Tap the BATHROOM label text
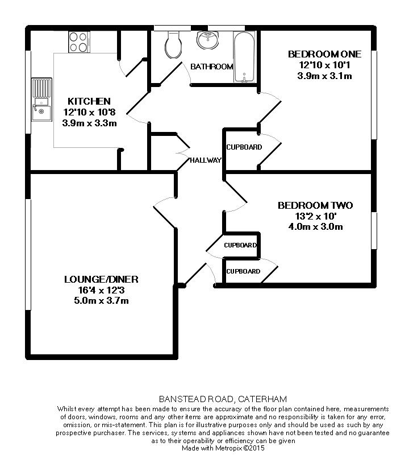click(211, 67)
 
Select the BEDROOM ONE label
click(324, 55)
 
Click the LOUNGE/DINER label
click(101, 279)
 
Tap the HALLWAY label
click(205, 160)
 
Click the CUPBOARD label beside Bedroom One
click(244, 147)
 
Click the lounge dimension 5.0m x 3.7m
click(101, 301)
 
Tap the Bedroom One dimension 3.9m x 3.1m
click(324, 76)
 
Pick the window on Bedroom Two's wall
click(374, 230)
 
